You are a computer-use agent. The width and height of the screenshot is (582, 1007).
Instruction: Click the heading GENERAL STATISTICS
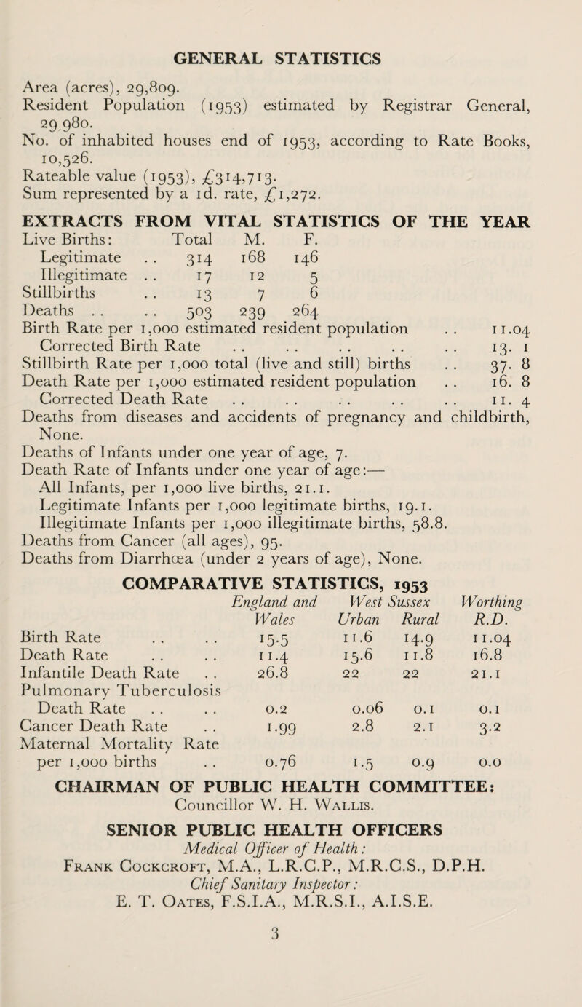click(290, 36)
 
